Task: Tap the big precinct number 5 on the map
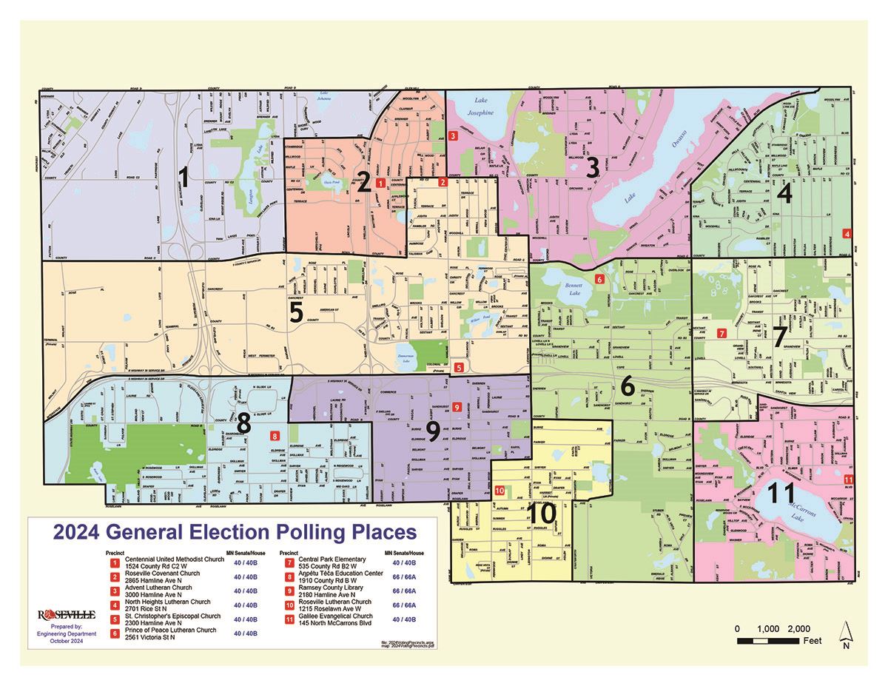tap(296, 312)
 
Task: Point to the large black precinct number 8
tap(244, 426)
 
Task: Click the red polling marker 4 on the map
tap(847, 234)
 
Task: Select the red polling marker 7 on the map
tap(721, 334)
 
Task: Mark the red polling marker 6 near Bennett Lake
tap(600, 279)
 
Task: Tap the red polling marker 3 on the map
tap(452, 135)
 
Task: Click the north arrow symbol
tap(845, 633)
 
